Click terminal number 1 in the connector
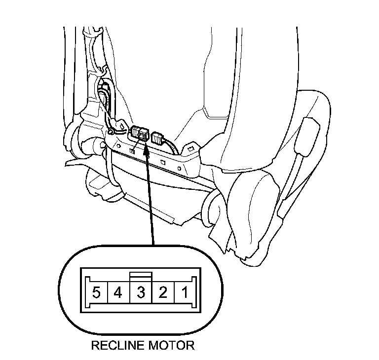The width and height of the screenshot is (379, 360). [184, 294]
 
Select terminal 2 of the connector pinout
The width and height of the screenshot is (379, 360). [162, 294]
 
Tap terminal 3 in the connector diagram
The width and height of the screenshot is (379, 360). [141, 294]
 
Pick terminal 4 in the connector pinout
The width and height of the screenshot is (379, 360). [118, 294]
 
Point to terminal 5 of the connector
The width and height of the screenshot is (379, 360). [96, 294]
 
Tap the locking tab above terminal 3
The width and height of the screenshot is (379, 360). [141, 276]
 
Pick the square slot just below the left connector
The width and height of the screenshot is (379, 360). [133, 146]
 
